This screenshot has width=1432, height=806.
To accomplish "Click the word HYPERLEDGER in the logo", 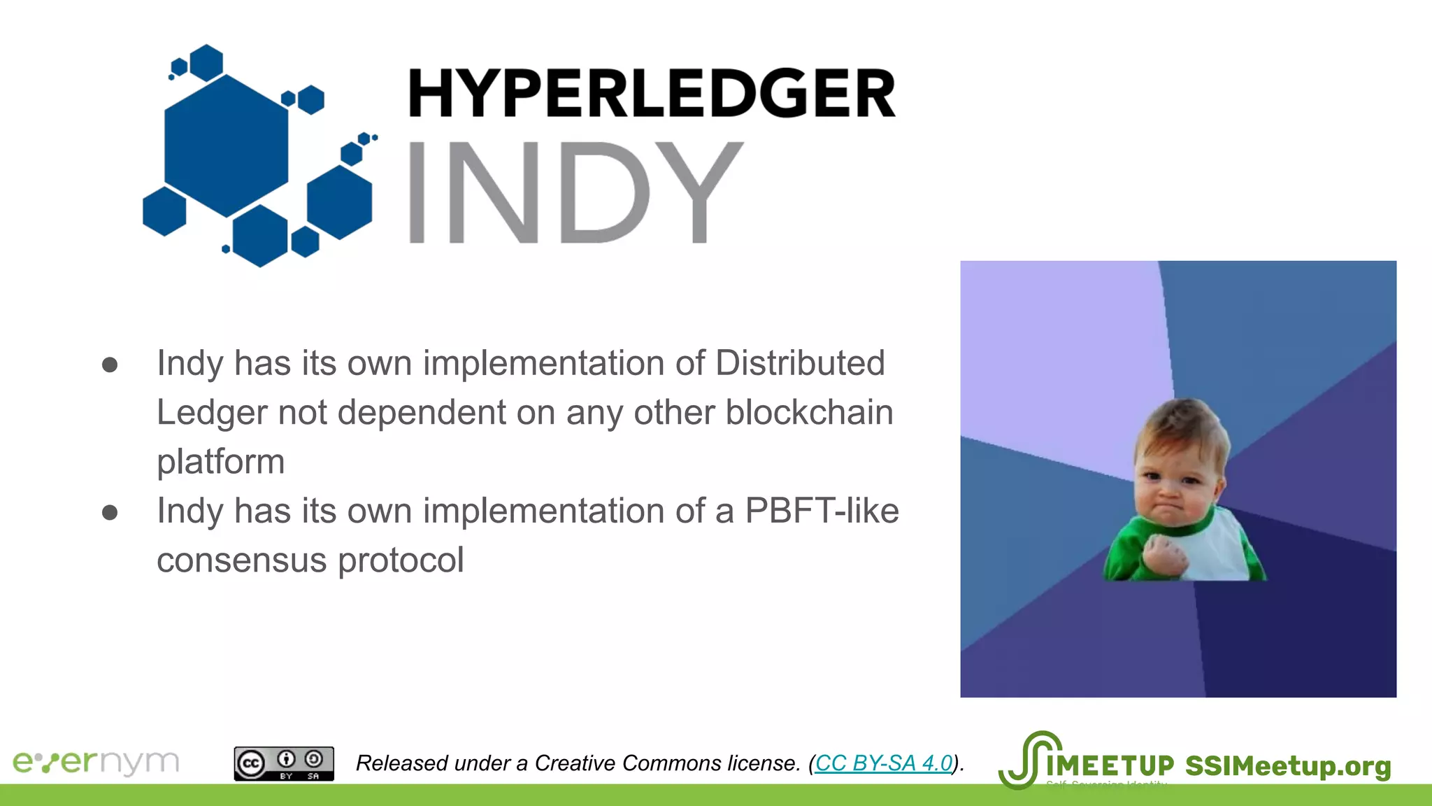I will pos(652,93).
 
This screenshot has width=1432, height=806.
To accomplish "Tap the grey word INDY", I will pos(575,192).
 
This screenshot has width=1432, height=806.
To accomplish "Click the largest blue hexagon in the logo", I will pos(226,146).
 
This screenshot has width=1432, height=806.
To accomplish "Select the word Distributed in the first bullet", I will pos(800,363).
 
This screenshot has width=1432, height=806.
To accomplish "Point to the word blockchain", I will pos(809,412).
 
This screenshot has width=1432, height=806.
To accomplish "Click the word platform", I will pos(221,462).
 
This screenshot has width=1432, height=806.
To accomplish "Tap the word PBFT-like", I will pos(822,511).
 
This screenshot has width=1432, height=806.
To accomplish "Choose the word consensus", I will pos(241,560).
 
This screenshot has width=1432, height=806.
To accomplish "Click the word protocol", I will pos(401,560).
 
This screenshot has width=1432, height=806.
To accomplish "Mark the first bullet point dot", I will pos(110,365).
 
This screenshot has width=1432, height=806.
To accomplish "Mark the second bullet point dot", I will pos(110,512).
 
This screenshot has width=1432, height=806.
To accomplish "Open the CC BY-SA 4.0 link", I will pos(884,763).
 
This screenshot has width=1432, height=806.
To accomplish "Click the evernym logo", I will pos(96,762).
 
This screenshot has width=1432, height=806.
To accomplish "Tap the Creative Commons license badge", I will pos(284,763).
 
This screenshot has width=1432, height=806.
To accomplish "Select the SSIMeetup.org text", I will pos(1288,766).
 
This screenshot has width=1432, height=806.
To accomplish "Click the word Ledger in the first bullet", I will pos(212,412).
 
